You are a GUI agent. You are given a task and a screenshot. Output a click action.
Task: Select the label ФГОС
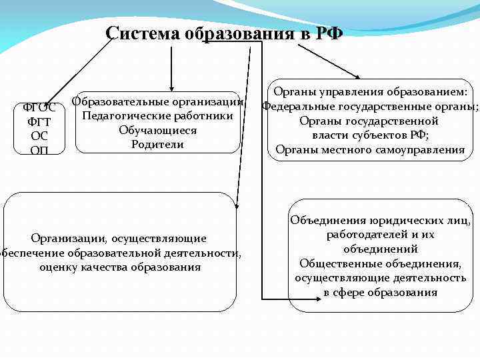pos(39,107)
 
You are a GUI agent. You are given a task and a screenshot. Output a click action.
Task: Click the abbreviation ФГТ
pos(39,122)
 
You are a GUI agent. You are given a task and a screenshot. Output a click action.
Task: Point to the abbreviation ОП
pos(39,150)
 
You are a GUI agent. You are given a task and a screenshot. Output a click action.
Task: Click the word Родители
pos(157,144)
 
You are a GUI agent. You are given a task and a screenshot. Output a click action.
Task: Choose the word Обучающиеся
pos(157,130)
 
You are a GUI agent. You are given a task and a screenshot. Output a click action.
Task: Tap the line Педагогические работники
pos(157,116)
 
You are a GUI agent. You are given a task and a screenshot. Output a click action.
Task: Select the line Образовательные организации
pos(157,101)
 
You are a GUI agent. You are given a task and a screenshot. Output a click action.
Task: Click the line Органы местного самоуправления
pos(370,149)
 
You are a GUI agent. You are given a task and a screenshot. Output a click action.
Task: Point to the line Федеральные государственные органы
pos(370,106)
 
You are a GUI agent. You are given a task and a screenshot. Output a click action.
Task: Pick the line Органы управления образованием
pos(370,92)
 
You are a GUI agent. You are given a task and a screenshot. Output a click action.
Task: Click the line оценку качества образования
pos(120,267)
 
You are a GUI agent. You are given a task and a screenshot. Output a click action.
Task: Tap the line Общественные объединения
pos(381,263)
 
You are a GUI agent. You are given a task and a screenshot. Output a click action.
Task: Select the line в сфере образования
pos(381,292)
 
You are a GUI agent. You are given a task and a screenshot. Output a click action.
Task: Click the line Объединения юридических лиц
pos(381,220)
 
